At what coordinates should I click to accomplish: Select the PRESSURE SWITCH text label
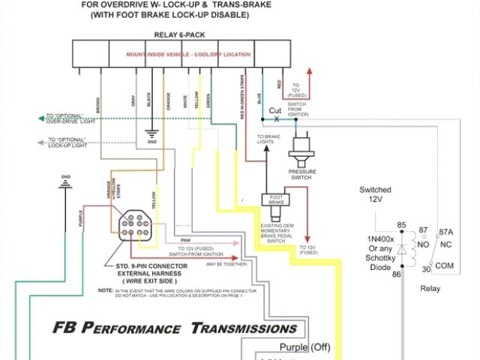306,173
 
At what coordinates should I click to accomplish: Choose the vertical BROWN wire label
97,104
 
